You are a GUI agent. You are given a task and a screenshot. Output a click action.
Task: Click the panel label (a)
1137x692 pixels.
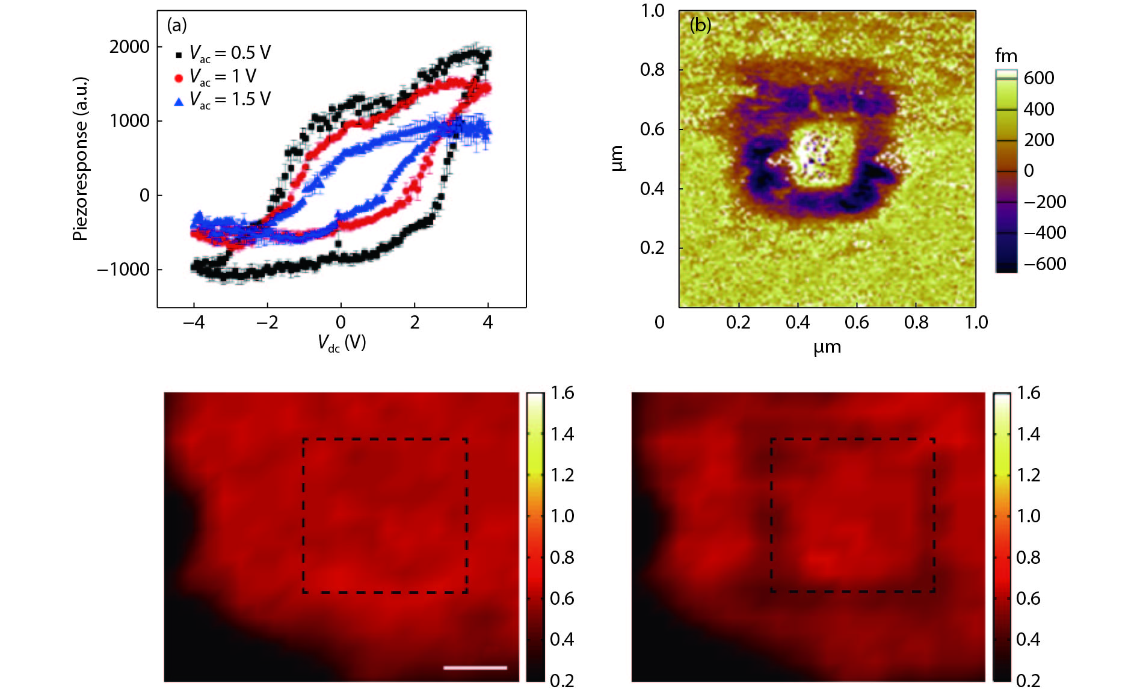[177, 25]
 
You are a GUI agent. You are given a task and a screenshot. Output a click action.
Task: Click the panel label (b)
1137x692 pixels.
[700, 25]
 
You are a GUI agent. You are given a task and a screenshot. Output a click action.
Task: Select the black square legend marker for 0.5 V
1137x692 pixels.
[179, 55]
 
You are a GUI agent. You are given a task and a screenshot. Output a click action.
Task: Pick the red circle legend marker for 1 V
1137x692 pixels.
[179, 78]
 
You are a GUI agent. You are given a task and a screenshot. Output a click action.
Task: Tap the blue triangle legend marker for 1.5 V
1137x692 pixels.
[179, 101]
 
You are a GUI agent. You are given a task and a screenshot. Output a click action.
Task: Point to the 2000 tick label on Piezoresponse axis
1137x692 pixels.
[129, 47]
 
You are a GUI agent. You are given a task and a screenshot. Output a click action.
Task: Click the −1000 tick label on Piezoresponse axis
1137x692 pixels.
[123, 270]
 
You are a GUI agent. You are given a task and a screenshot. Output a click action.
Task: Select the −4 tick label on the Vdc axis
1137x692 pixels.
[193, 323]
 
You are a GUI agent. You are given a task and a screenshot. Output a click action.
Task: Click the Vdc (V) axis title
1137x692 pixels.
[342, 343]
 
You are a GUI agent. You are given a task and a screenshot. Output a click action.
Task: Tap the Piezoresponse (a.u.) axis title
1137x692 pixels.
[81, 159]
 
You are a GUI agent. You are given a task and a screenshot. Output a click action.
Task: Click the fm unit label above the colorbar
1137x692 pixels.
[1006, 56]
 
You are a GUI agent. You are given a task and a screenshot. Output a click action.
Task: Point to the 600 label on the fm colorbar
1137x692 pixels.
[1039, 78]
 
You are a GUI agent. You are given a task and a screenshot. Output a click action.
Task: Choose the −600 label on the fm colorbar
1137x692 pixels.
[1045, 264]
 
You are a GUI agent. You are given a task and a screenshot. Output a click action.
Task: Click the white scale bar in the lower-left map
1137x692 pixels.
[475, 667]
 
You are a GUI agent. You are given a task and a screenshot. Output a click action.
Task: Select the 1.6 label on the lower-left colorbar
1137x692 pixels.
[562, 393]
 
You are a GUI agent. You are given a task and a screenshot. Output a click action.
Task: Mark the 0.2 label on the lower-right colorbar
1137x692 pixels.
[1028, 681]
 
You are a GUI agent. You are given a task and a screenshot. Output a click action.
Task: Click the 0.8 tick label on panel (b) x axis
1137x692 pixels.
[916, 323]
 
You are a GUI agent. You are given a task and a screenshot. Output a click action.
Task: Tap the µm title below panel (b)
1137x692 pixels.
[827, 347]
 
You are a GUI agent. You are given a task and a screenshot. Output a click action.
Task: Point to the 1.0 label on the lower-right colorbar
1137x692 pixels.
[1028, 516]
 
